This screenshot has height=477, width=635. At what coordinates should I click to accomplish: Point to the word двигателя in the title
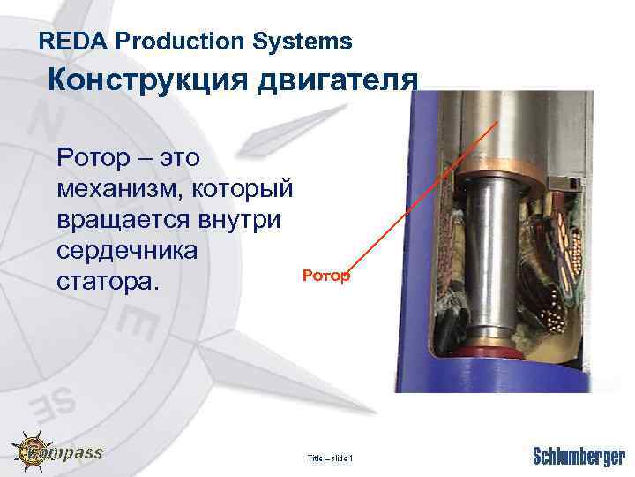[334, 81]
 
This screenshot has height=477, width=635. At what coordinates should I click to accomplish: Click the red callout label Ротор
[326, 276]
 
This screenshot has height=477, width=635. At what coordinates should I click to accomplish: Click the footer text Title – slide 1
[330, 458]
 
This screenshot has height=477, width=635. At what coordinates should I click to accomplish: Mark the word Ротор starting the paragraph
[86, 159]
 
